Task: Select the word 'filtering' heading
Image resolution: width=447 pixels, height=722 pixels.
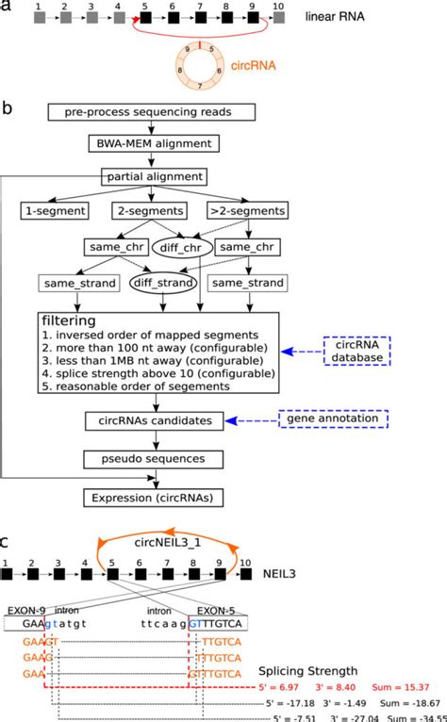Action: click(73, 321)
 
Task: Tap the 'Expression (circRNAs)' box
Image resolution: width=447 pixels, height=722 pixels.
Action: click(159, 496)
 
